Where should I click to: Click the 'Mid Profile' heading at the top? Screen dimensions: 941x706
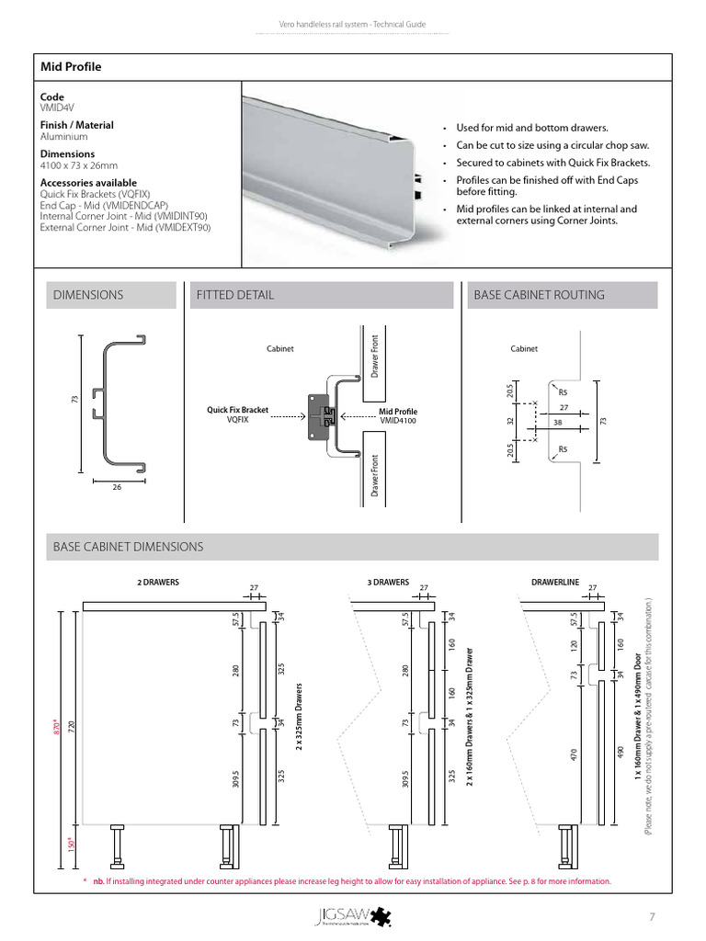71,67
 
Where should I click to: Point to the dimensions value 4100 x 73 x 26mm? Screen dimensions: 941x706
79,165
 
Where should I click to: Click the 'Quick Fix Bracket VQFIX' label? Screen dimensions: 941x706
237,414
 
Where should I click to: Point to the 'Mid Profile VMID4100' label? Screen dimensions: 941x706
398,414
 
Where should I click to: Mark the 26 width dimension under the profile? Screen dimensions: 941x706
117,487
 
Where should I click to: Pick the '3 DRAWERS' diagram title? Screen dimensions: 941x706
387,583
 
